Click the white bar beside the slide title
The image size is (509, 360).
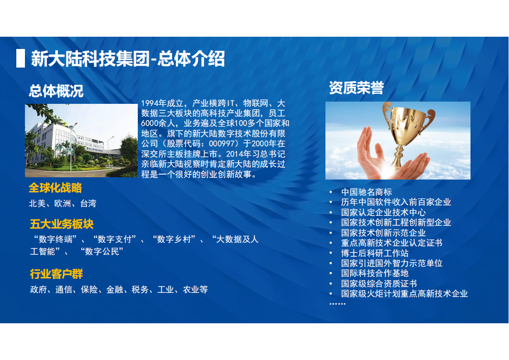(x=20, y=58)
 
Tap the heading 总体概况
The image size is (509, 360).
(x=56, y=91)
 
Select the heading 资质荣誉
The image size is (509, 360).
(x=356, y=88)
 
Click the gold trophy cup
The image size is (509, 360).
(x=408, y=130)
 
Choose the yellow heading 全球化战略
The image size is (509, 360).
(x=55, y=188)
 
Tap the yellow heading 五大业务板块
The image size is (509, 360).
(x=62, y=224)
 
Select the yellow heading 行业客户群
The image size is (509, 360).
(x=57, y=274)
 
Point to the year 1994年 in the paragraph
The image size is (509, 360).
(x=154, y=103)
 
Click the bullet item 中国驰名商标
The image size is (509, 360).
(x=367, y=192)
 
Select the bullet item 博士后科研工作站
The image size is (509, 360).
(x=375, y=253)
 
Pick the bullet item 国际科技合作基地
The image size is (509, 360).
(x=375, y=273)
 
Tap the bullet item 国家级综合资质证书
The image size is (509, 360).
(x=379, y=284)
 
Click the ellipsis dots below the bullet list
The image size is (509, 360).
(x=338, y=304)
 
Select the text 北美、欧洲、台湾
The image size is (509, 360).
(x=63, y=204)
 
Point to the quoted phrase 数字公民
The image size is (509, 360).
(x=102, y=252)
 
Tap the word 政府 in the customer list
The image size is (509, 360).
(x=39, y=290)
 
